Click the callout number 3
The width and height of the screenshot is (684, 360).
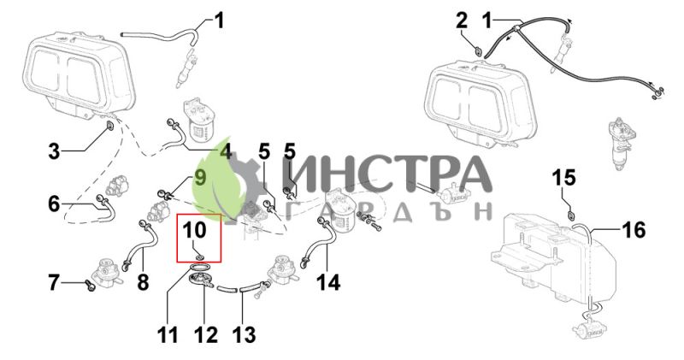[x=54, y=151]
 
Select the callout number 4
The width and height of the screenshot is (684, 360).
[x=225, y=152]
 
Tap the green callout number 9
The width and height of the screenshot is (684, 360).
[x=199, y=178]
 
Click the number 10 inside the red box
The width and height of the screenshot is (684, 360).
[x=194, y=229]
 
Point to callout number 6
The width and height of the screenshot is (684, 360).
[x=54, y=204]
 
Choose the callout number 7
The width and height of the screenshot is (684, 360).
[x=53, y=283]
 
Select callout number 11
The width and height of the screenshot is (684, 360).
[x=168, y=335]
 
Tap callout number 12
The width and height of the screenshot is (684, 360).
[x=206, y=335]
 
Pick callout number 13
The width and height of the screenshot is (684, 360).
[x=244, y=335]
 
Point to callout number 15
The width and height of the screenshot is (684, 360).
[x=564, y=178]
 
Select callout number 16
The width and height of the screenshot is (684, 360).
[x=634, y=229]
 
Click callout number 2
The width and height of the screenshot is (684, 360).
[x=462, y=21]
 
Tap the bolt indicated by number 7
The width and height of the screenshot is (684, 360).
[x=91, y=285]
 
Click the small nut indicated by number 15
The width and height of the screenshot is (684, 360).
[x=570, y=215]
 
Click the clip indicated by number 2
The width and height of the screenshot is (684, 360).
[x=479, y=51]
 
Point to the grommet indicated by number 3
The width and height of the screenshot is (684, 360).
[x=109, y=127]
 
